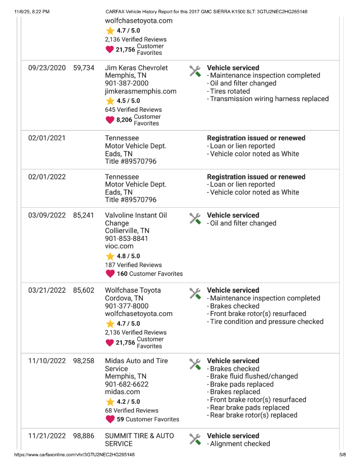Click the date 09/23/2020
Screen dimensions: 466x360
pos(47,68)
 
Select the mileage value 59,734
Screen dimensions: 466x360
pos(84,68)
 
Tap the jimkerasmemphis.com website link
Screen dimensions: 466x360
pos(141,91)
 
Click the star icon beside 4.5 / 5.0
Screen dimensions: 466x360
pos(110,101)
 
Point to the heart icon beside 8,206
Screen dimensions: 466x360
pos(110,120)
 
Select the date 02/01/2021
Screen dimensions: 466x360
pos(47,138)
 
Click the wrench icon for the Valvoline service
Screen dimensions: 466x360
pos(195,219)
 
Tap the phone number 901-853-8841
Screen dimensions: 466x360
pos(127,239)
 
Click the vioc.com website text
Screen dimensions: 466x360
pos(119,247)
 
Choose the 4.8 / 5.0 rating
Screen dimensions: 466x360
pos(128,256)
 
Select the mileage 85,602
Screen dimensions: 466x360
pos(84,290)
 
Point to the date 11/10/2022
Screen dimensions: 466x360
pos(47,361)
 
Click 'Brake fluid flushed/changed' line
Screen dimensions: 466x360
pos(254,377)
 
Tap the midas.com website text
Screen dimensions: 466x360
pos(122,392)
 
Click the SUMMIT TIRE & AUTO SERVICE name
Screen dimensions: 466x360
pos(139,440)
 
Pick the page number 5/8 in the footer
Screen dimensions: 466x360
pos(342,455)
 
